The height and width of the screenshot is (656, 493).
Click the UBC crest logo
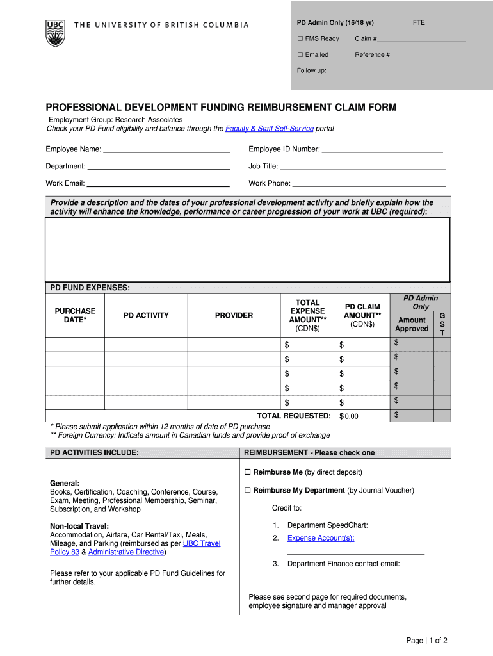pos(55,32)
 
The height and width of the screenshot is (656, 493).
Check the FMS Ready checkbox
pos(300,39)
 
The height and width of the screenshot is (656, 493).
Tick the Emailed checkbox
pos(300,55)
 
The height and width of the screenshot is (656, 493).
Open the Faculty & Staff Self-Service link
pos(269,129)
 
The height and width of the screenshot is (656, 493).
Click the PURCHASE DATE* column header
pos(75,315)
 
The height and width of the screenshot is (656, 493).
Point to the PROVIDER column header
pos(234,315)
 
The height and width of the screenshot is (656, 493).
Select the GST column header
pos(442,324)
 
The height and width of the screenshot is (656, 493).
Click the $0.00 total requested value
pos(351,416)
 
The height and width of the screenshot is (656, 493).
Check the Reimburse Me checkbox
pos(247,473)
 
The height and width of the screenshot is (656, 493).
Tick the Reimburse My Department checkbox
pos(247,491)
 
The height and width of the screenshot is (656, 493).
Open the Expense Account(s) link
pos(321,538)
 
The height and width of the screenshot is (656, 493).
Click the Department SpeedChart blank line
pos(396,527)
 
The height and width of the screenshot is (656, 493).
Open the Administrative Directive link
pos(126,552)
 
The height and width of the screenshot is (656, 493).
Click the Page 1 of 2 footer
pos(426,641)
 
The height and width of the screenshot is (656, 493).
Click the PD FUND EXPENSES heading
pos(90,288)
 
